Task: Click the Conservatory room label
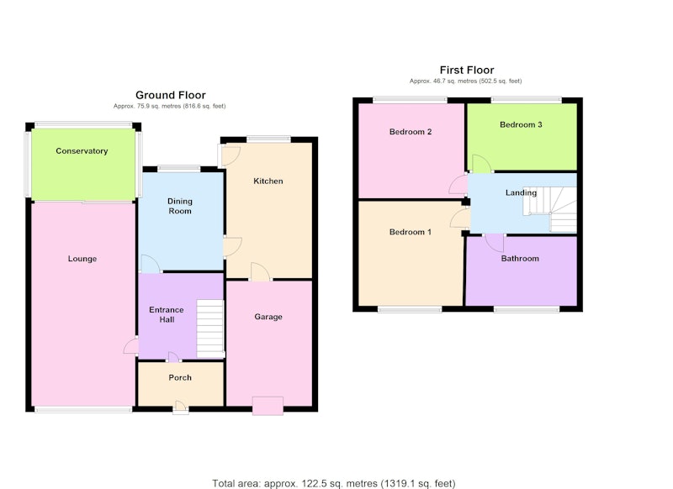coord(82,151)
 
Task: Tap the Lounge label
coord(82,259)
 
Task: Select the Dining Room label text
coord(180,206)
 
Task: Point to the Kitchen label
coord(268,181)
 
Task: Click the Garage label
coord(268,317)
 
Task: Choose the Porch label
coord(180,377)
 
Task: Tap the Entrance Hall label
coord(167,314)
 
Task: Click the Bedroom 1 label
coord(411,232)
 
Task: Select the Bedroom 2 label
coord(411,132)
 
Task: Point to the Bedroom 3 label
coord(521,124)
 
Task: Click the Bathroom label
coord(520,259)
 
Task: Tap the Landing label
coord(521,192)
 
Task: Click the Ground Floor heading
coord(171,95)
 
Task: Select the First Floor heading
coord(467,70)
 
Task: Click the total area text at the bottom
coord(333,483)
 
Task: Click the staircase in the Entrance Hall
coord(210,329)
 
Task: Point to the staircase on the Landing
coord(550,209)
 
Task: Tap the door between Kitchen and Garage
coord(260,272)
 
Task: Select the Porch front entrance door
coord(181,407)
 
